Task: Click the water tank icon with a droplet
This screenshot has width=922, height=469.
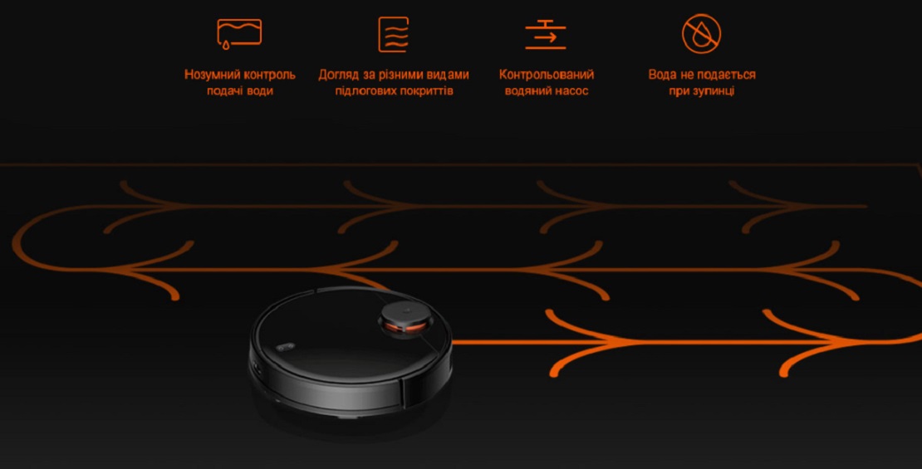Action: pyautogui.click(x=239, y=33)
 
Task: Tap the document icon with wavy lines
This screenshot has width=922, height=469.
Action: pyautogui.click(x=394, y=35)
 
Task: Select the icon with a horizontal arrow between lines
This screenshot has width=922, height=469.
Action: pyautogui.click(x=546, y=35)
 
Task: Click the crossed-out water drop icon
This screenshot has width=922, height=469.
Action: pyautogui.click(x=702, y=34)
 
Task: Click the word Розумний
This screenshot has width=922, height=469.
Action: pyautogui.click(x=212, y=75)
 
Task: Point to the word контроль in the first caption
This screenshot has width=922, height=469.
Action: pyautogui.click(x=269, y=75)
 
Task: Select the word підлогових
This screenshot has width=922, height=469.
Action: pyautogui.click(x=362, y=91)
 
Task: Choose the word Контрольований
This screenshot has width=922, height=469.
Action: pyautogui.click(x=547, y=75)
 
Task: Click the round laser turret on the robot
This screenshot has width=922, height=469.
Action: pyautogui.click(x=405, y=319)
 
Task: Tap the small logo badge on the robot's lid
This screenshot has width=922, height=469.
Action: pyautogui.click(x=285, y=347)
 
